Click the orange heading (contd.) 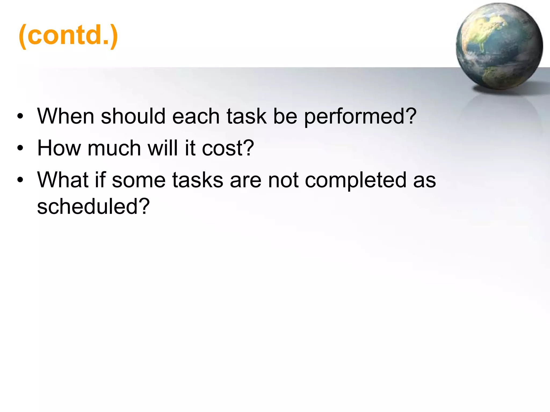click(68, 35)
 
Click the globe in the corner click(499, 46)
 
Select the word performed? click(360, 117)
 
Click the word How click(59, 148)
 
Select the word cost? click(228, 148)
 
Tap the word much click(114, 148)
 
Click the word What click(63, 180)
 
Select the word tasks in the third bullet click(198, 180)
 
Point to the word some click(139, 180)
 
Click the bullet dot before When click(20, 117)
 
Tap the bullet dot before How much click(20, 148)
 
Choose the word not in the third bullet click(283, 180)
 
